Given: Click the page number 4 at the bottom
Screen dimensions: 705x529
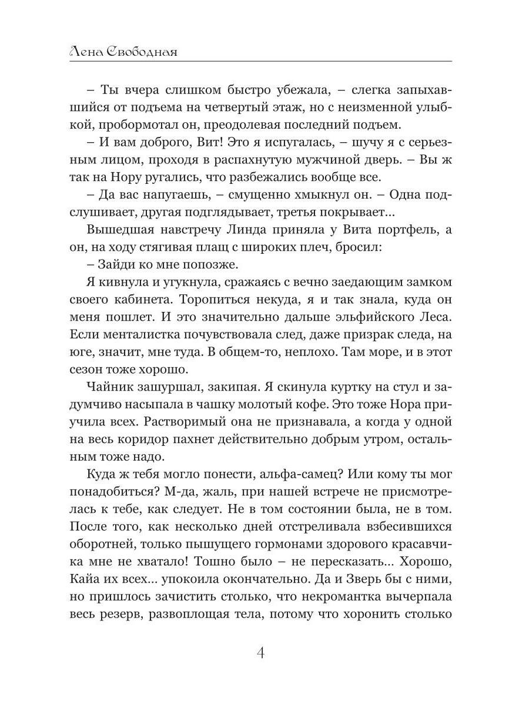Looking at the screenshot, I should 264,653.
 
